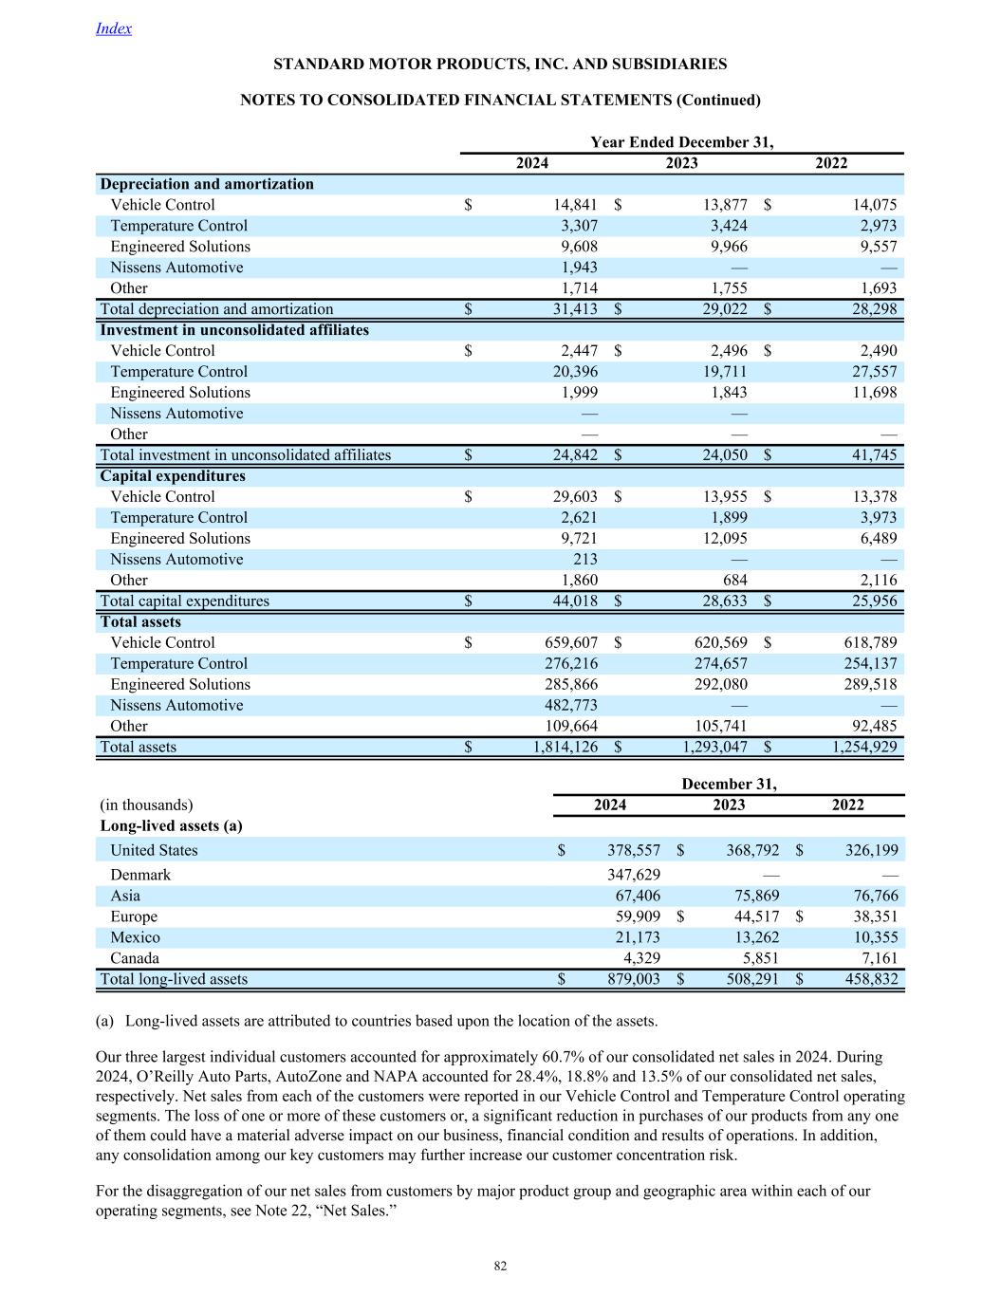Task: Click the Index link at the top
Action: pos(114,28)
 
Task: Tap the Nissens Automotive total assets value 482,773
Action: pos(569,706)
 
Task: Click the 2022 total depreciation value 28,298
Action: pos(868,309)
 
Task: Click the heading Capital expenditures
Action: pos(173,476)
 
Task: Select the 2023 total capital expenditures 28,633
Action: pos(719,601)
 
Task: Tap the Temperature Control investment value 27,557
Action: pos(868,372)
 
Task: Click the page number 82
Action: pos(500,1267)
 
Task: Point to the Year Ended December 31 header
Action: pos(681,142)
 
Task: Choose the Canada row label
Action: pos(135,958)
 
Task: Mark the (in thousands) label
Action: pos(146,805)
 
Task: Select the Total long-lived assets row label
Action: pos(174,979)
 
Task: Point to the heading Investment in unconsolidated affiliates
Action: pos(234,330)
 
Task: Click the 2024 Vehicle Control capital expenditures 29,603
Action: pos(569,497)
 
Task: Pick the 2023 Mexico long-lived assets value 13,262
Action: pos(751,937)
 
